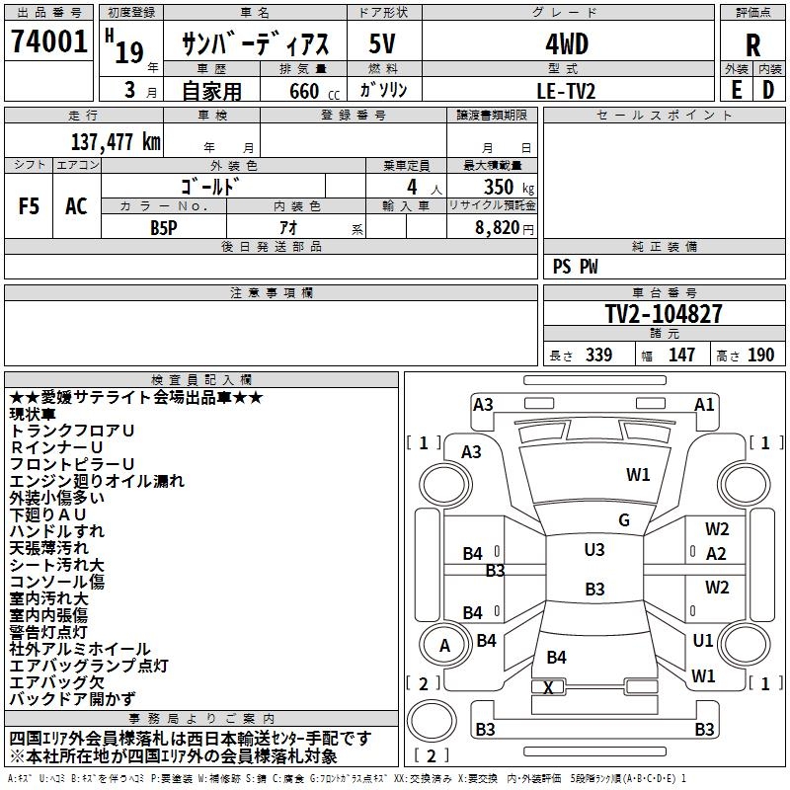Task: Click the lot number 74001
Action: click(x=48, y=41)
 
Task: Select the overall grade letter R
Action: click(x=752, y=45)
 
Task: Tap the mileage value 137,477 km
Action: click(x=116, y=141)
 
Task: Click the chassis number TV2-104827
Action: click(x=664, y=313)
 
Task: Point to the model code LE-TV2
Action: click(x=566, y=91)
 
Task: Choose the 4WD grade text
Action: click(x=567, y=44)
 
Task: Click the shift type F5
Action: click(x=29, y=206)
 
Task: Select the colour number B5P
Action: click(x=164, y=228)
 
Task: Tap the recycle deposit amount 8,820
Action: click(x=498, y=228)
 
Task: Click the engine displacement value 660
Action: click(x=304, y=91)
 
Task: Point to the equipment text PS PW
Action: click(x=576, y=267)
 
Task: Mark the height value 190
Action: click(x=760, y=355)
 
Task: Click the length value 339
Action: click(x=599, y=355)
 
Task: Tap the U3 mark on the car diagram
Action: click(x=594, y=549)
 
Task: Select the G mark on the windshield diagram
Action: click(x=624, y=519)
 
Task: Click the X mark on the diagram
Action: click(x=548, y=687)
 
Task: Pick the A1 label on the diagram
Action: click(x=704, y=405)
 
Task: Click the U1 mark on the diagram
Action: click(x=703, y=640)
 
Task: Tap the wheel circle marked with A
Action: click(x=445, y=646)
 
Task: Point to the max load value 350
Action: click(x=499, y=187)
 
